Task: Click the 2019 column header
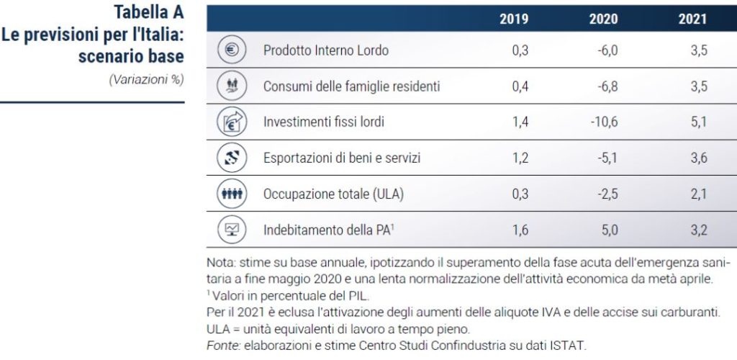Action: click(x=514, y=19)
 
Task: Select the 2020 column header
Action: click(x=603, y=19)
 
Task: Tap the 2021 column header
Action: click(x=692, y=19)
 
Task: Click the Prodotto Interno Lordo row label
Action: click(x=326, y=50)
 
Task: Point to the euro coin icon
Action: click(x=232, y=50)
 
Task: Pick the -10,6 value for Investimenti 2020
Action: click(x=604, y=122)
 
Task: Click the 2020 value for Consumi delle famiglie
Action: click(x=606, y=86)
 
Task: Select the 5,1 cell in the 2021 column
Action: click(x=699, y=122)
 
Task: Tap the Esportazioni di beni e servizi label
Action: click(x=342, y=158)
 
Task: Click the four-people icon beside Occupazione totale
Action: click(x=232, y=193)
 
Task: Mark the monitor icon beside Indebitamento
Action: click(x=232, y=230)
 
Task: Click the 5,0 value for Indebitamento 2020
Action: click(x=610, y=230)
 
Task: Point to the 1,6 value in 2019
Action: click(x=520, y=230)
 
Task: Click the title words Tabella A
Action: click(x=148, y=13)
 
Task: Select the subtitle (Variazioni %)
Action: click(x=146, y=80)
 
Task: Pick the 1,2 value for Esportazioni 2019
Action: click(x=520, y=158)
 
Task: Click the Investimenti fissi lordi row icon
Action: click(x=232, y=122)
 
